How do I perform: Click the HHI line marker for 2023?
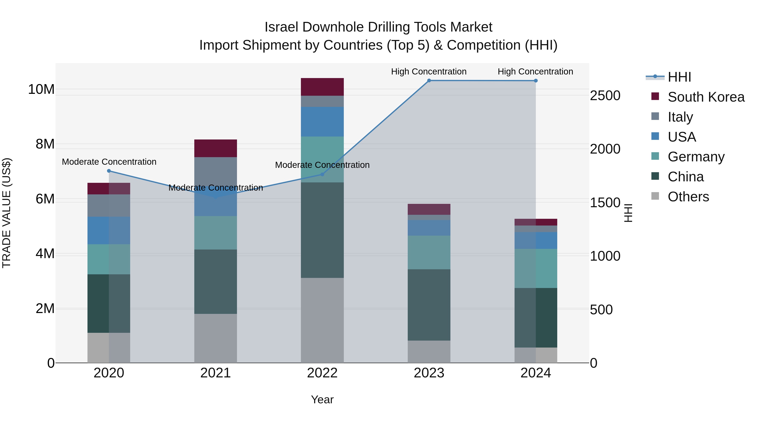pyautogui.click(x=429, y=80)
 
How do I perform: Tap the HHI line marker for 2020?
pyautogui.click(x=109, y=171)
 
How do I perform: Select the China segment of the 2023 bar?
pyautogui.click(x=429, y=305)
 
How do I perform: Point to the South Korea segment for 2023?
pyautogui.click(x=429, y=209)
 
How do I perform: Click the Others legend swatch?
pyautogui.click(x=655, y=196)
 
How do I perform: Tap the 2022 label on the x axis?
pyautogui.click(x=322, y=373)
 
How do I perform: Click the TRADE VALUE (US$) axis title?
pyautogui.click(x=7, y=213)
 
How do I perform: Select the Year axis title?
pyautogui.click(x=322, y=399)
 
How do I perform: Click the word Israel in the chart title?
pyautogui.click(x=282, y=27)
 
